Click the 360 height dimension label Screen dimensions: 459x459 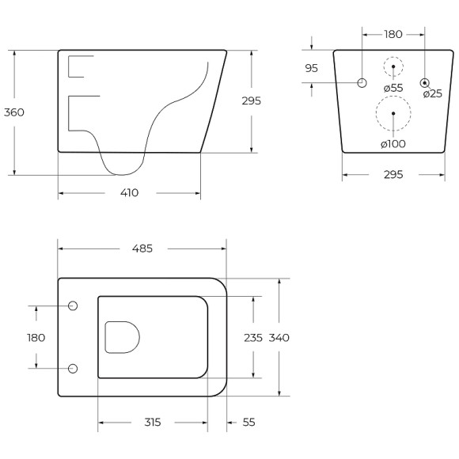point(14,112)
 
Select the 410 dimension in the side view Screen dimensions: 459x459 point(129,193)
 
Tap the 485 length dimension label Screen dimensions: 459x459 point(142,248)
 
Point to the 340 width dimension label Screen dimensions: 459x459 point(279,338)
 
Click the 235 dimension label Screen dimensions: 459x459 point(253,338)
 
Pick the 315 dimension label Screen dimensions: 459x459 point(153,422)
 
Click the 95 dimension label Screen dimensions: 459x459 point(311,68)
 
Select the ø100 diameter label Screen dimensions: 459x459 point(393,144)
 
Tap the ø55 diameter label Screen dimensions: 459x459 point(393,88)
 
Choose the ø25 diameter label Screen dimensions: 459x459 point(433,93)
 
